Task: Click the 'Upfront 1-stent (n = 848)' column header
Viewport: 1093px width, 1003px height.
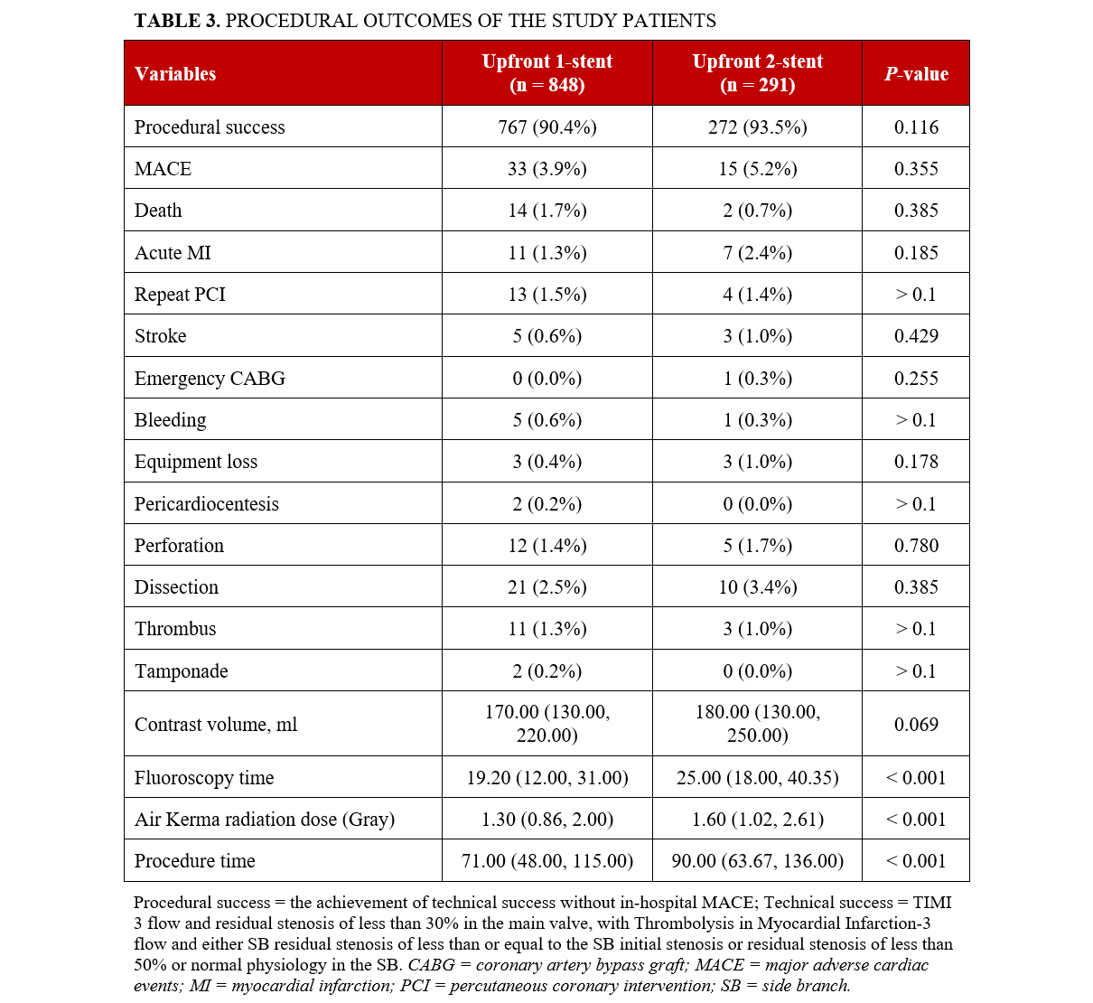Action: click(x=546, y=73)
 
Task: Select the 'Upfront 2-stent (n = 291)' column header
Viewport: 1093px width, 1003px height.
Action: click(x=757, y=73)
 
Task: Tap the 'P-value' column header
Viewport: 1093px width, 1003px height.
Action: click(x=916, y=74)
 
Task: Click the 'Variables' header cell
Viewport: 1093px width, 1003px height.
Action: click(x=175, y=74)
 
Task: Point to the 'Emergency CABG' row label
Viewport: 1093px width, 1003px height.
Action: click(x=210, y=379)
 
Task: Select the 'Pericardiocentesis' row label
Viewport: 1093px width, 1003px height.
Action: click(x=207, y=504)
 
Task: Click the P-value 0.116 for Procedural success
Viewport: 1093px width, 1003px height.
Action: click(x=916, y=127)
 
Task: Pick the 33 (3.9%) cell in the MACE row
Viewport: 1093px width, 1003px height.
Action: click(x=546, y=169)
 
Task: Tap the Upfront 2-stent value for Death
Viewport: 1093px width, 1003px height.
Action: click(x=757, y=211)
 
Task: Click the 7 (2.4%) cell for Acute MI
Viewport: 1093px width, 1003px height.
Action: click(x=757, y=253)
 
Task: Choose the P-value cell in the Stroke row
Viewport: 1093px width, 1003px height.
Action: click(x=916, y=336)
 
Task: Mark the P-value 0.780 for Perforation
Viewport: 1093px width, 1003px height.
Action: click(x=916, y=546)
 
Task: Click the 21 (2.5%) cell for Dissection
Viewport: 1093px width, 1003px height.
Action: click(x=546, y=587)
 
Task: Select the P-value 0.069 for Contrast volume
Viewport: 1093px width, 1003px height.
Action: click(x=916, y=725)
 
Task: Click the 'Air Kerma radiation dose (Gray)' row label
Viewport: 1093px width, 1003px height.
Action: click(x=265, y=820)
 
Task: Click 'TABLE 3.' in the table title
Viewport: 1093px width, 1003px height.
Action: click(x=177, y=21)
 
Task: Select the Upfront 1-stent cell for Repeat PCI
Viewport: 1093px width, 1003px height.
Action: click(x=546, y=295)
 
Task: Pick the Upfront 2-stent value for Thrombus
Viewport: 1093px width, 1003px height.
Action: click(x=757, y=629)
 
